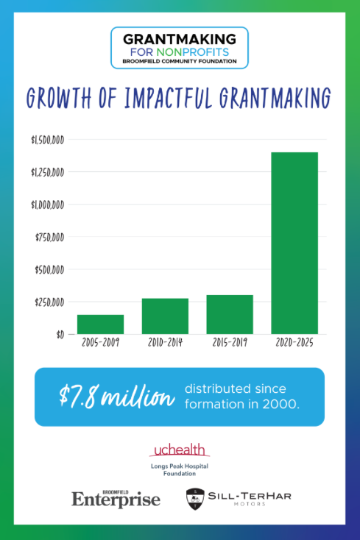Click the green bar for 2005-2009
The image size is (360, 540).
[x=100, y=324]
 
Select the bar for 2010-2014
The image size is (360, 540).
[x=165, y=316]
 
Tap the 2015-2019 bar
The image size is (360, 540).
[x=230, y=314]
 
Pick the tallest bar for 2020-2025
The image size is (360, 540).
[x=294, y=243]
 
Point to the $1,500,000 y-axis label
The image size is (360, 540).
[x=48, y=141]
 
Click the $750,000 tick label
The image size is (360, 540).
[x=49, y=238]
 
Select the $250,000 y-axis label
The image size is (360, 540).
[x=49, y=302]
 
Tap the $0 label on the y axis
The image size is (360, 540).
[x=60, y=335]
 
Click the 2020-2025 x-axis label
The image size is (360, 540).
[x=294, y=343]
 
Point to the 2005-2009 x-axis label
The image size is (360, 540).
[x=100, y=343]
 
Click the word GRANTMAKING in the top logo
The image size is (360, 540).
[x=180, y=39]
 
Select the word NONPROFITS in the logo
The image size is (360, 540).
[x=193, y=52]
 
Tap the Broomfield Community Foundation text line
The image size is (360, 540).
[x=180, y=61]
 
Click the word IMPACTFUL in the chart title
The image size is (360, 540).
[x=168, y=98]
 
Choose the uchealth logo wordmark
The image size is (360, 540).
[x=180, y=450]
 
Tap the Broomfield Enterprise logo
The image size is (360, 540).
[x=116, y=499]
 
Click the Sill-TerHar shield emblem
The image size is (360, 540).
[x=195, y=499]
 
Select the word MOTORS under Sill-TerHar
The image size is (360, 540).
[x=250, y=504]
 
